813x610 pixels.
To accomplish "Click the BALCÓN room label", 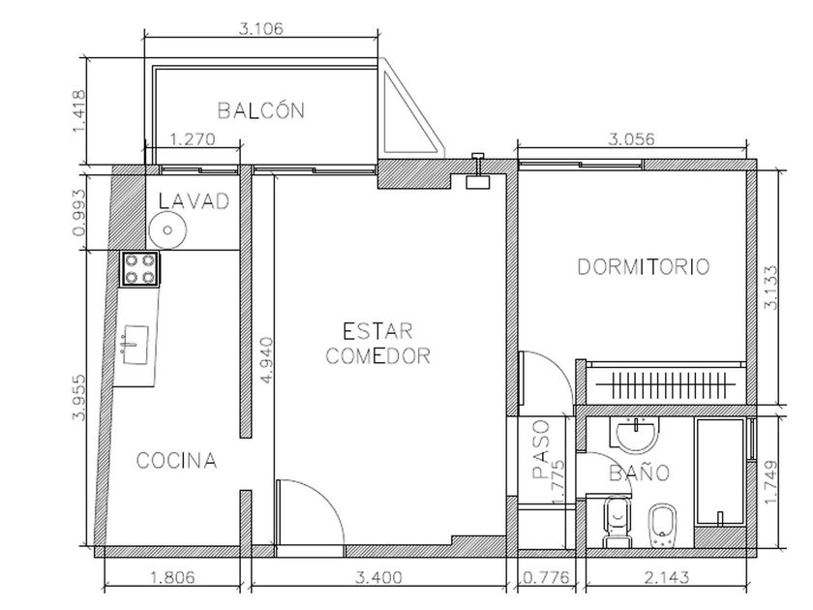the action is [x=260, y=110].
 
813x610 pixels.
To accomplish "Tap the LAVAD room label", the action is [x=194, y=201].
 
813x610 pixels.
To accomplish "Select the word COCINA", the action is [x=176, y=461].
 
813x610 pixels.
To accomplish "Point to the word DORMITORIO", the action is [x=644, y=266].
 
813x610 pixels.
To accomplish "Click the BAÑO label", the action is [x=640, y=473].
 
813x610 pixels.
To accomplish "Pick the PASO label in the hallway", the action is [x=541, y=449].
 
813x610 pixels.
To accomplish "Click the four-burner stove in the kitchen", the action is [x=140, y=269].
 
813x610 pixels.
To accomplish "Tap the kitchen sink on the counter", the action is [x=135, y=345].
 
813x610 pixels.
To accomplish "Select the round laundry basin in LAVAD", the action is [x=167, y=230].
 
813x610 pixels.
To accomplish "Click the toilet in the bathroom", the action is [x=617, y=523].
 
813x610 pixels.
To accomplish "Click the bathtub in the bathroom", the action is [x=721, y=472].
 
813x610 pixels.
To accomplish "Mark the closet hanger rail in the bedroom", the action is [x=666, y=384].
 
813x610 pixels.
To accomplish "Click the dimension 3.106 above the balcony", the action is [x=261, y=28].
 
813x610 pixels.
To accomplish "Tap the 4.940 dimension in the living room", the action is [x=266, y=360].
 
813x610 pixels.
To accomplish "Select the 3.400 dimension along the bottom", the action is [x=378, y=577].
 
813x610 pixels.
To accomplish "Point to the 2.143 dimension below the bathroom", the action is [x=667, y=577].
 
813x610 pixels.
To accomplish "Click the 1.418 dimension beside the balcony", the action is [x=78, y=111].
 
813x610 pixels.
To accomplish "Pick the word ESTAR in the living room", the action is [x=378, y=331].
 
